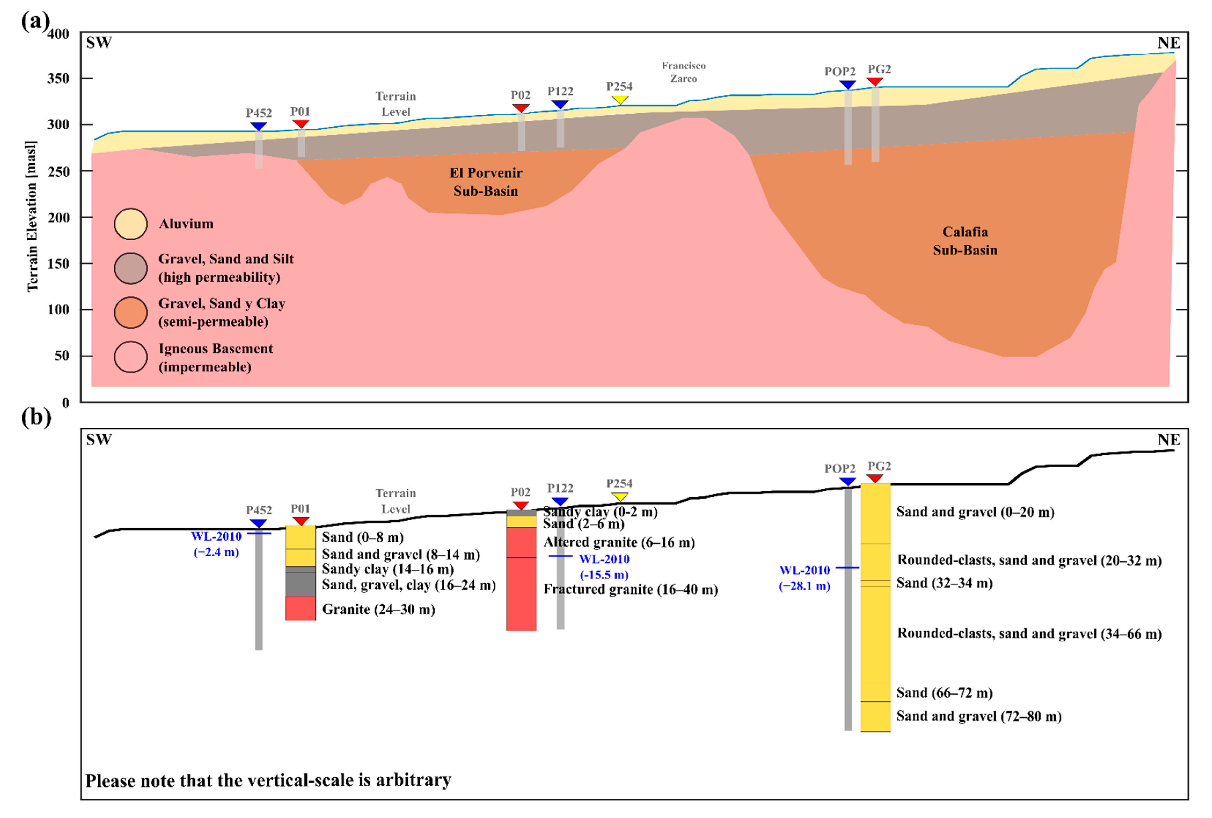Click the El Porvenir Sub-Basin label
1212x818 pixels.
(486, 182)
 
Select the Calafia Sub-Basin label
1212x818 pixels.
(965, 241)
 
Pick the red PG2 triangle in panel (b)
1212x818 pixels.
(875, 478)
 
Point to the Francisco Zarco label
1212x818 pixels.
(684, 72)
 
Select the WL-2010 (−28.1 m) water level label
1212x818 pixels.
(804, 578)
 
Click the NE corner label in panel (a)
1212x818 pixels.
(1169, 43)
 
